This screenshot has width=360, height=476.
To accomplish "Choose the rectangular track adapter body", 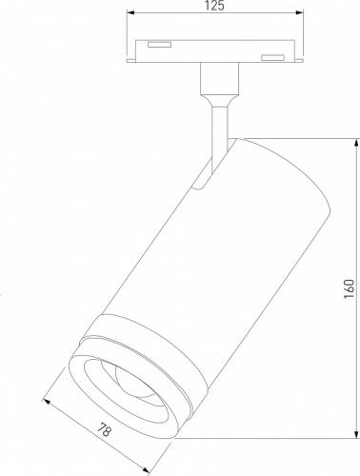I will click(213, 52).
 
